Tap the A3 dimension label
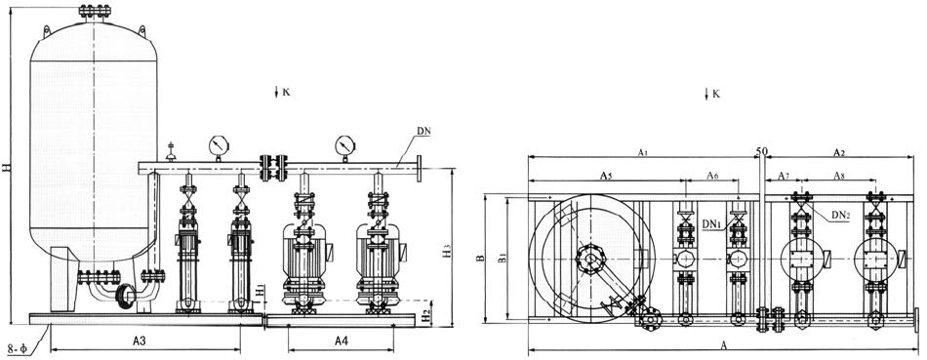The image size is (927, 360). click(x=140, y=340)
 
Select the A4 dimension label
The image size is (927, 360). click(x=342, y=340)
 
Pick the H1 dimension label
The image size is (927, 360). click(x=261, y=291)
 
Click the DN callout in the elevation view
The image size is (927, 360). click(x=423, y=130)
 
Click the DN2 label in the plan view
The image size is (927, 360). click(x=841, y=216)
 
